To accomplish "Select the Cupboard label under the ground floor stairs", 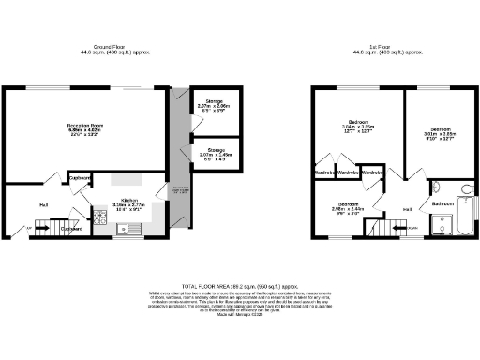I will [x=73, y=228].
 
